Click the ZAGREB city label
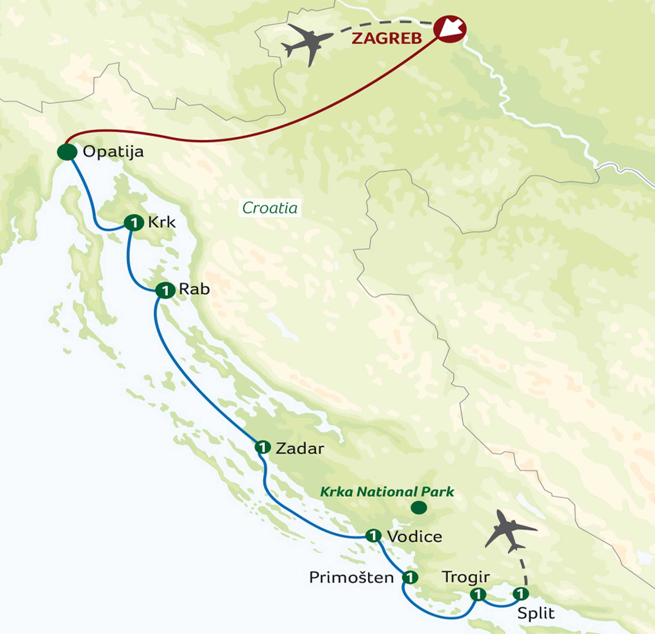pyautogui.click(x=387, y=38)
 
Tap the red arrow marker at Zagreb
pyautogui.click(x=450, y=29)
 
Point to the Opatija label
pyautogui.click(x=113, y=152)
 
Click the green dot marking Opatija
pyautogui.click(x=67, y=152)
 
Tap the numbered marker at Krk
pyautogui.click(x=134, y=223)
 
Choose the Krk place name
pyautogui.click(x=162, y=223)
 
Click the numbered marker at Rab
pyautogui.click(x=165, y=290)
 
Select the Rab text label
pyautogui.click(x=194, y=289)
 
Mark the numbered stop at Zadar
pyautogui.click(x=263, y=447)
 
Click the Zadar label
pyautogui.click(x=300, y=449)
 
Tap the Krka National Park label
pyautogui.click(x=387, y=492)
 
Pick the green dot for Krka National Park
pyautogui.click(x=419, y=508)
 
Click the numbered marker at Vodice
pyautogui.click(x=373, y=535)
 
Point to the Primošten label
pyautogui.click(x=351, y=578)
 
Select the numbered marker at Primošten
pyautogui.click(x=410, y=577)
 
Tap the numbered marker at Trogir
pyautogui.click(x=478, y=594)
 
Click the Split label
pyautogui.click(x=536, y=613)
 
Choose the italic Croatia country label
pyautogui.click(x=270, y=208)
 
